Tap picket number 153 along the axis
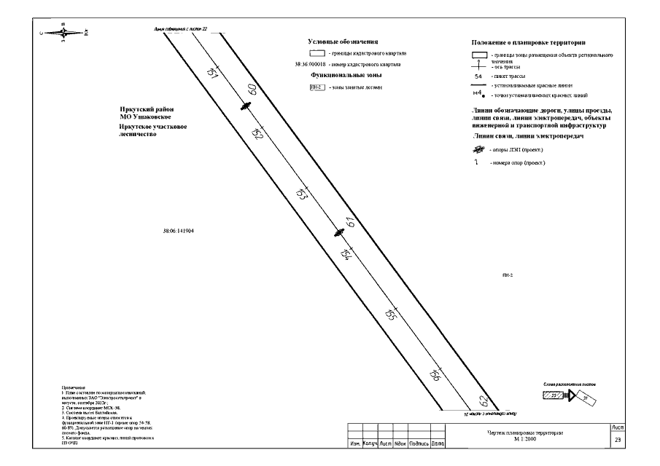click(300, 195)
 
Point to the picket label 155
click(390, 315)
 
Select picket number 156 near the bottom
click(435, 375)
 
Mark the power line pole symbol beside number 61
click(338, 233)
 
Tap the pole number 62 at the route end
click(482, 400)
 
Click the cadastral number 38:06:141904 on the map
click(179, 232)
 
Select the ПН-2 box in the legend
click(317, 87)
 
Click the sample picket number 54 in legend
click(478, 76)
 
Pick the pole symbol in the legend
click(478, 150)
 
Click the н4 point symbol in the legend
click(478, 95)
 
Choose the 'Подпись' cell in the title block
click(419, 443)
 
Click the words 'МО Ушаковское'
click(146, 117)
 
